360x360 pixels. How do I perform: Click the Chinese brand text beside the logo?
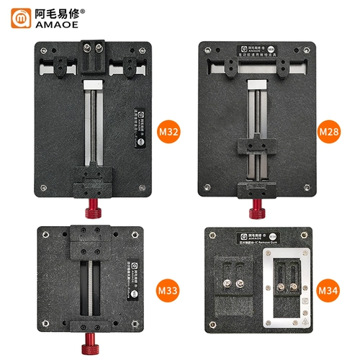(56, 12)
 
